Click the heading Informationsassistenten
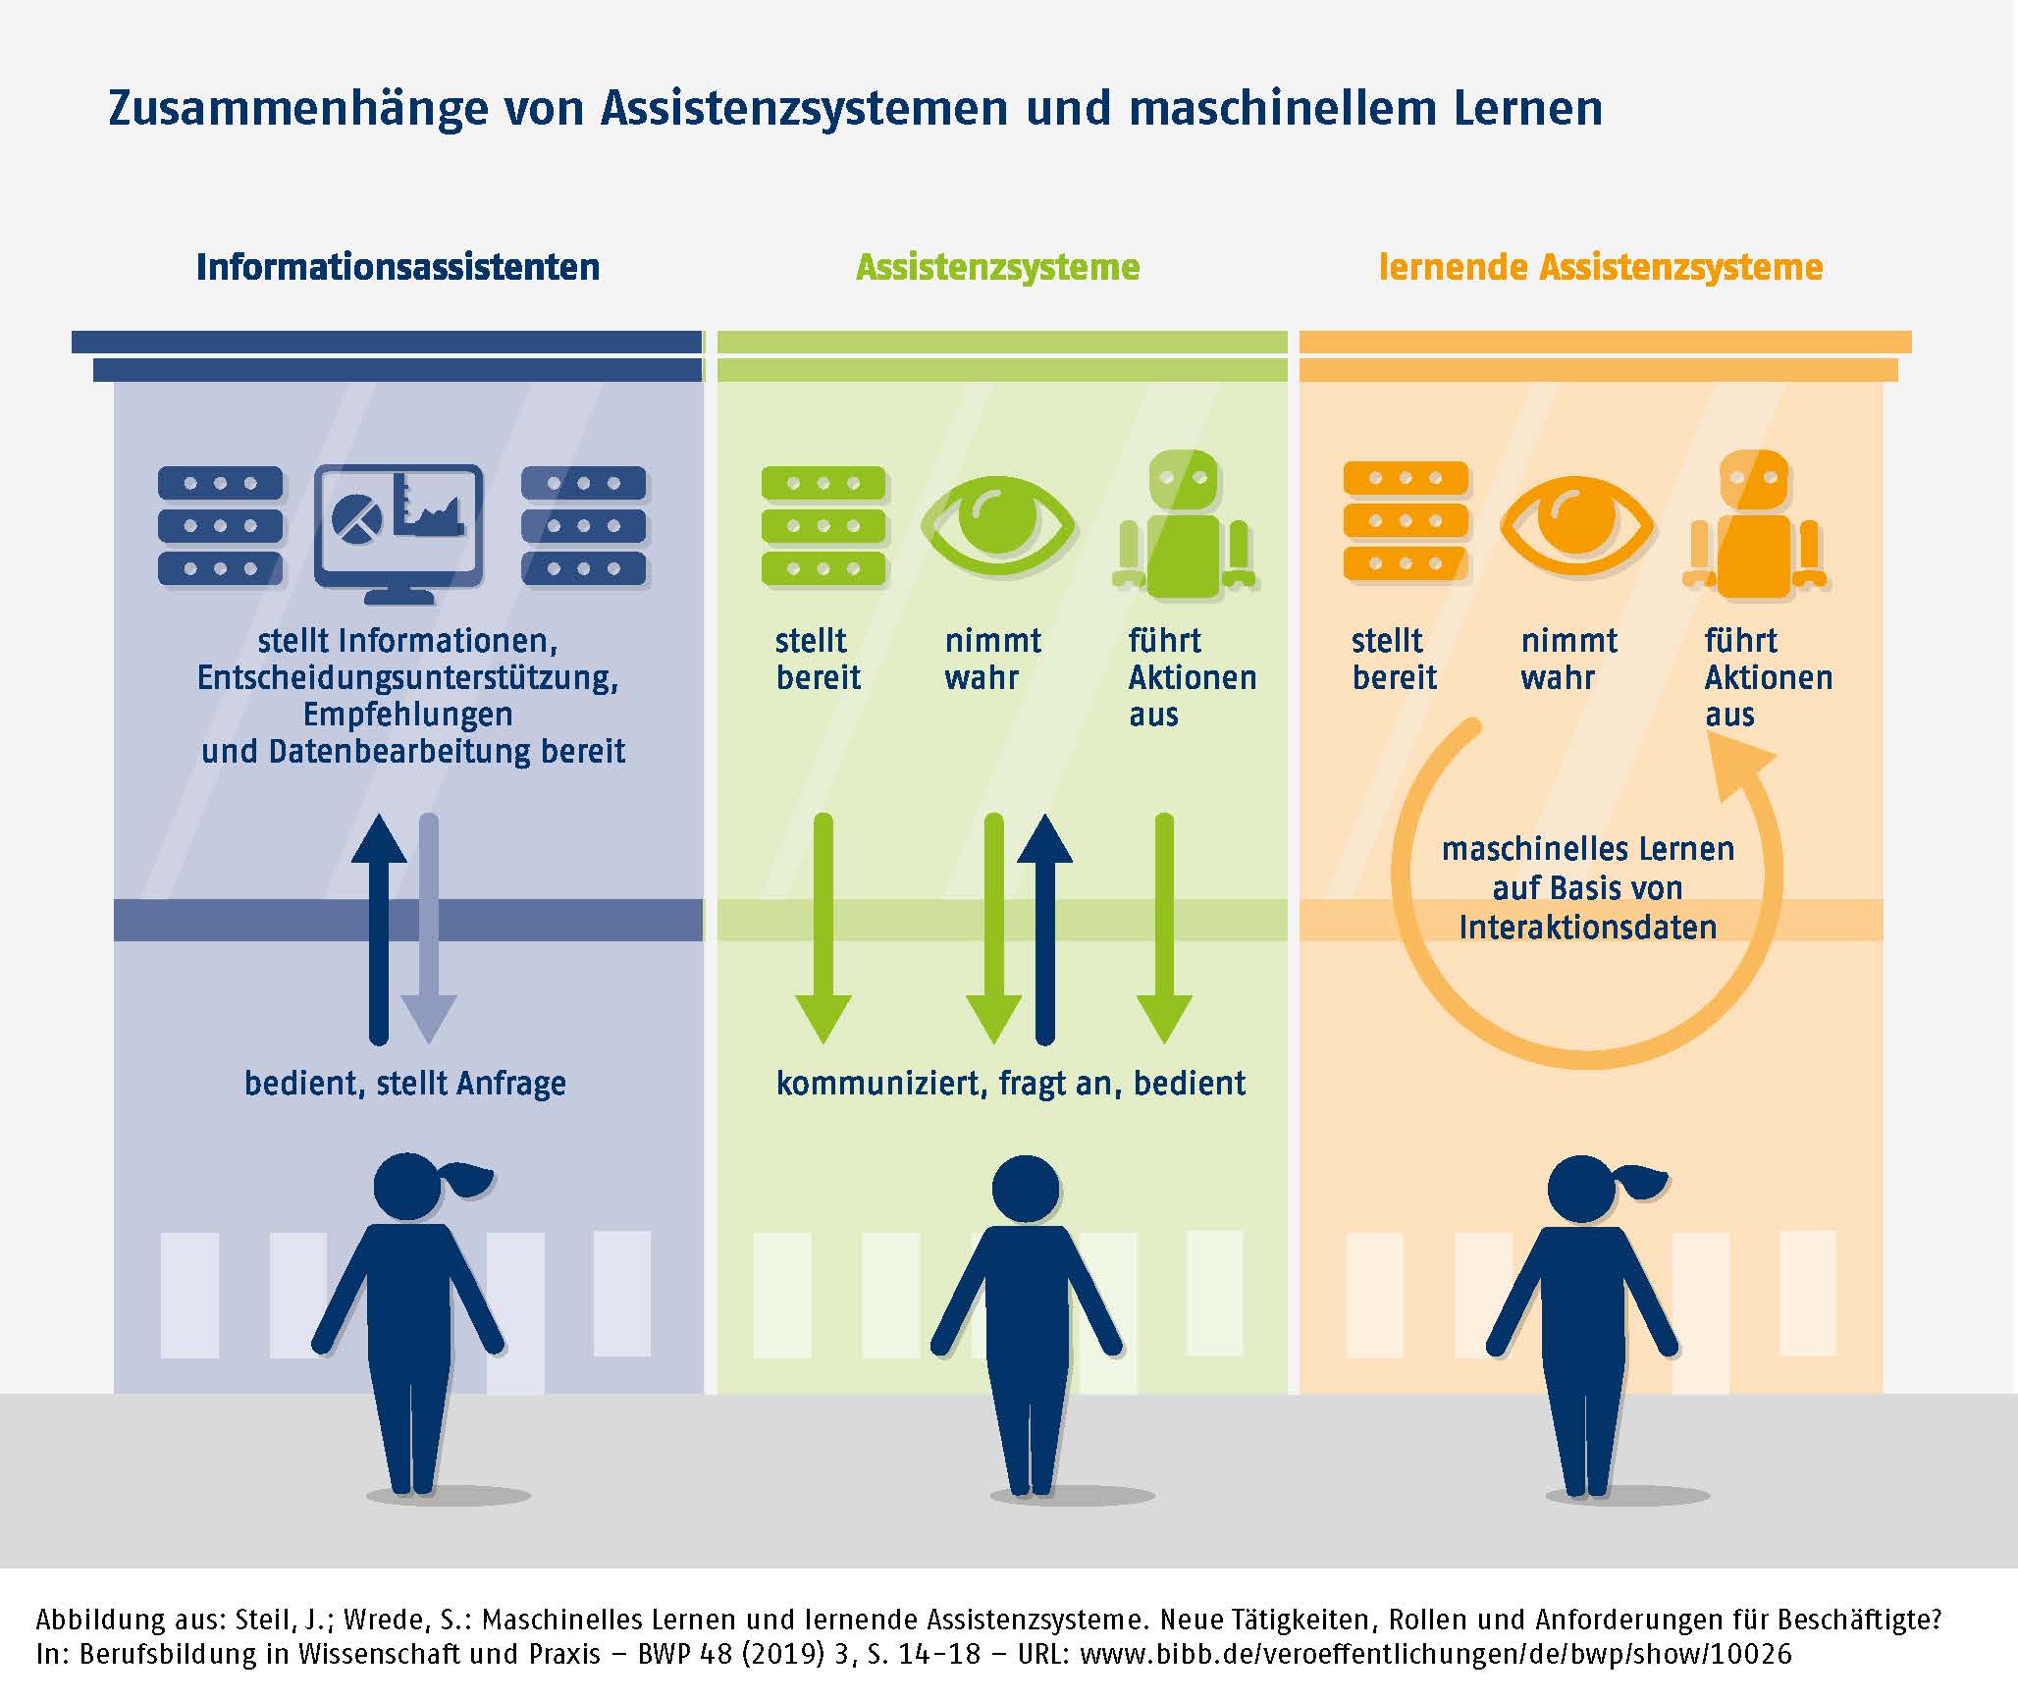398,267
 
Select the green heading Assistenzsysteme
997,267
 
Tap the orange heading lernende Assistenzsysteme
1600,267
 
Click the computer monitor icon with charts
398,531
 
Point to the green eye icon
997,525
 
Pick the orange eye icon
1576,525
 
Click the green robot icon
1184,525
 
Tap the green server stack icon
823,525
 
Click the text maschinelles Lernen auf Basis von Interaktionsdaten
1587,887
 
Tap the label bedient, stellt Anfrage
404,1083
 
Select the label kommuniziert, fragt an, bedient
1010,1083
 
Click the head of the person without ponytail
1025,1189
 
